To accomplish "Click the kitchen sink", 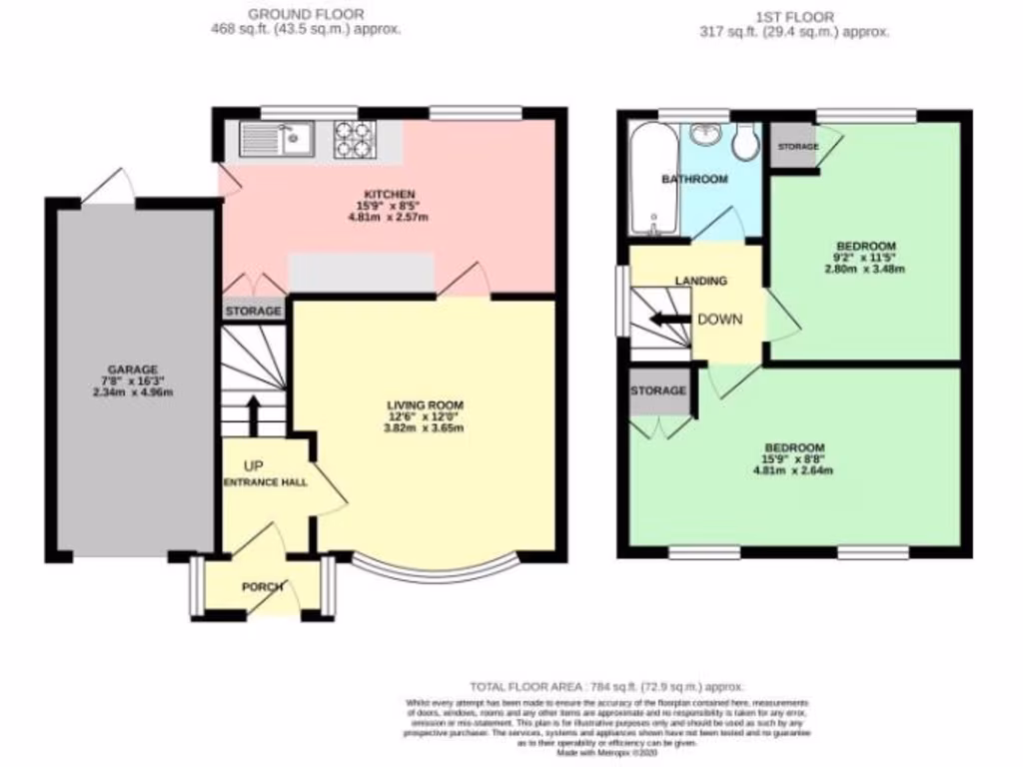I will pyautogui.click(x=279, y=140).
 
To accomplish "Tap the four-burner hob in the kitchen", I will pyautogui.click(x=354, y=140).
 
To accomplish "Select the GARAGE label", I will pyautogui.click(x=133, y=370).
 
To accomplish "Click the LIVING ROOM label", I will pyautogui.click(x=426, y=404).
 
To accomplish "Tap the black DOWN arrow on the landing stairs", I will pyautogui.click(x=667, y=320).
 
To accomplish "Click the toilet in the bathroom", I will pyautogui.click(x=744, y=143).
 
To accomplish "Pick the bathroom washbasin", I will pyautogui.click(x=705, y=135).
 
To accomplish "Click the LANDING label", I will pyautogui.click(x=700, y=282).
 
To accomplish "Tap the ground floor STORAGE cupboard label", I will pyautogui.click(x=254, y=312).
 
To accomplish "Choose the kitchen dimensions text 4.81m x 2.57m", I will pyautogui.click(x=389, y=217).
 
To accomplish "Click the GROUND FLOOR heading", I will pyautogui.click(x=306, y=15).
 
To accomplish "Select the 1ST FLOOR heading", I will pyautogui.click(x=795, y=16).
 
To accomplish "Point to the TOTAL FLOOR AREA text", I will pyautogui.click(x=607, y=687).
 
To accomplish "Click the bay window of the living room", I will pyautogui.click(x=435, y=570).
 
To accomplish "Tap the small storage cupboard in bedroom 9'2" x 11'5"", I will pyautogui.click(x=793, y=147).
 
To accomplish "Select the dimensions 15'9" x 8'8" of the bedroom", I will pyautogui.click(x=793, y=459).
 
